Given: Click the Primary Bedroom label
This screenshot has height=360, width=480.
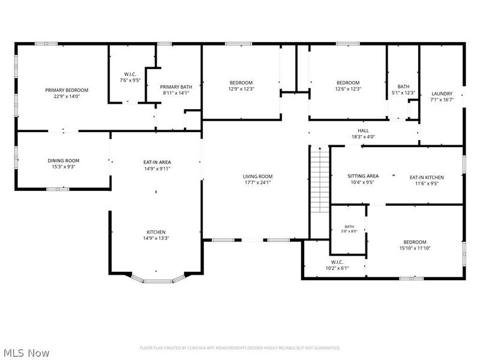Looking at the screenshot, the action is coord(67,90).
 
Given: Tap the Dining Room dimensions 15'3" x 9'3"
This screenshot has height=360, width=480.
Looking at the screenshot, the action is coord(64,167).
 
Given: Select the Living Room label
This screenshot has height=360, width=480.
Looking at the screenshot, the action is coord(257,176).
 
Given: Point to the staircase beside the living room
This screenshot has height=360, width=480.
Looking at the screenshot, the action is coord(320,179).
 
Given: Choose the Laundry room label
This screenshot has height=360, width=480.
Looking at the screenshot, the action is coord(442,94).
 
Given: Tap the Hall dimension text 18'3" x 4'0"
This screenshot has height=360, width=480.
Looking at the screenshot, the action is coord(363,137).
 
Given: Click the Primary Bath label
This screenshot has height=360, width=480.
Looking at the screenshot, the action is coord(176,87).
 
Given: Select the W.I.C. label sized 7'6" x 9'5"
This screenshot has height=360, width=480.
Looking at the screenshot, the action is coord(130,74).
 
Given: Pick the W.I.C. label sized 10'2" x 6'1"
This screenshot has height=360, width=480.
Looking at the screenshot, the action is coord(337,262).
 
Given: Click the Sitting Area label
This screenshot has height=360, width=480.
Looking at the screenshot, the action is coord(363,176).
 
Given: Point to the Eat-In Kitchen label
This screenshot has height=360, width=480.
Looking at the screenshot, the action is coord(427,177).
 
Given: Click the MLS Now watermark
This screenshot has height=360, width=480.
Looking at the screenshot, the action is coord(25,353).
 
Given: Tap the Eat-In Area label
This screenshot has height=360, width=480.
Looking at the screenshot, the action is coord(157,162).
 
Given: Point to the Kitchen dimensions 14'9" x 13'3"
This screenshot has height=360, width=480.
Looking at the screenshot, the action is coord(156,238).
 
